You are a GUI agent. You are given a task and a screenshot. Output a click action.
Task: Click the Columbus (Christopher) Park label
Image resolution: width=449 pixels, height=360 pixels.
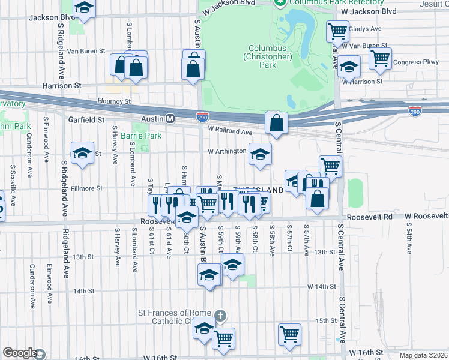pyautogui.click(x=267, y=56)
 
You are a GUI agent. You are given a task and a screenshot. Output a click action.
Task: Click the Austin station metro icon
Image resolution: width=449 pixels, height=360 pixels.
pyautogui.click(x=170, y=119)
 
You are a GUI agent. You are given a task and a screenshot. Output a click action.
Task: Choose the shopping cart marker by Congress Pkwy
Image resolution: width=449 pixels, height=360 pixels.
pyautogui.click(x=380, y=58)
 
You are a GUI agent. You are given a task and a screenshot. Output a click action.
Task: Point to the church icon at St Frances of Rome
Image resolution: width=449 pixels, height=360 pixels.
pyautogui.click(x=220, y=314)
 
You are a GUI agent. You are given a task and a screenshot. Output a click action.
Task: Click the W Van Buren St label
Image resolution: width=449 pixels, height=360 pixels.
pyautogui.click(x=364, y=46)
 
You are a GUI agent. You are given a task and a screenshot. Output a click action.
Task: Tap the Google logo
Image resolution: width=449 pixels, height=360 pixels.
pyautogui.click(x=20, y=353)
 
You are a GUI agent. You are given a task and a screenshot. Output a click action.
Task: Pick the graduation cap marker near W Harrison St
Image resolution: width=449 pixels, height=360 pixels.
pyautogui.click(x=349, y=67)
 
